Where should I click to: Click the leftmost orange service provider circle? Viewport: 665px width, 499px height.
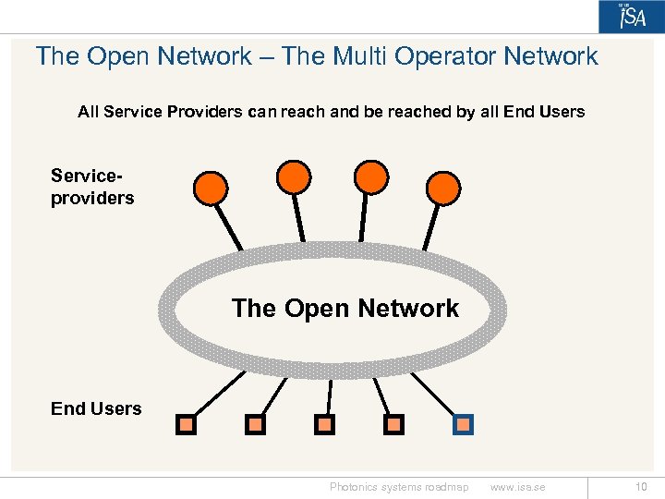pos(211,188)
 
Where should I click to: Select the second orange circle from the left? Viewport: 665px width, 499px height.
pos(294,176)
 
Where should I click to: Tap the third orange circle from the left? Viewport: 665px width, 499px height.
pos(371,176)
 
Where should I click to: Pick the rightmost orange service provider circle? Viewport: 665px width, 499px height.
pos(442,188)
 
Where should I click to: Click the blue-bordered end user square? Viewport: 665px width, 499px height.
pos(464,424)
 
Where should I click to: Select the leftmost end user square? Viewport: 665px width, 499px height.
pos(187,424)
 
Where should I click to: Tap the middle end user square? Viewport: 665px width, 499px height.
pos(325,424)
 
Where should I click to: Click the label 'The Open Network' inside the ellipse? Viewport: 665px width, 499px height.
pos(345,308)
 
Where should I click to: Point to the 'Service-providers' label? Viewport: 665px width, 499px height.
pos(92,187)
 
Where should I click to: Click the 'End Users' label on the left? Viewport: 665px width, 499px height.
pos(96,408)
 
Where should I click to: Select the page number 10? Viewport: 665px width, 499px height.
pos(641,487)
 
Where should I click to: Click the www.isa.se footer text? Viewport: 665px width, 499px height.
pos(517,487)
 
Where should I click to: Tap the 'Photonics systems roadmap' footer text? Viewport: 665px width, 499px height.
pos(399,487)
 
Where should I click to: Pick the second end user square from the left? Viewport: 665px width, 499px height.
pos(255,424)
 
